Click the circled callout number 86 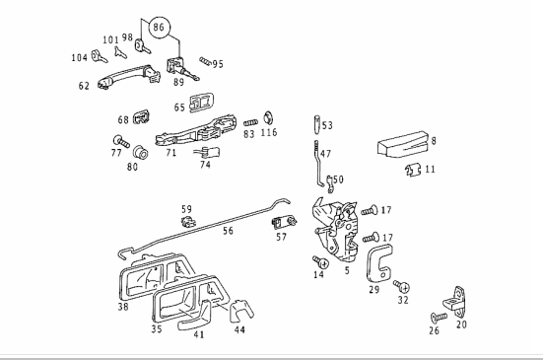coord(160,28)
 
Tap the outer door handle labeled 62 coord(129,77)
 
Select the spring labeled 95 coord(205,62)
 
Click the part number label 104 coord(79,57)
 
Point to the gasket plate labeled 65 coord(202,103)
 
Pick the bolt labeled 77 coord(121,141)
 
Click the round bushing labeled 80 coord(141,152)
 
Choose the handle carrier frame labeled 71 coord(196,130)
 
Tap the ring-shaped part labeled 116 coord(269,118)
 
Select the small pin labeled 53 coord(317,124)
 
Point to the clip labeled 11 coord(413,170)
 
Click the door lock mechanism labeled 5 coord(336,230)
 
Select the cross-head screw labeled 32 coord(402,287)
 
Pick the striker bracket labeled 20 coord(455,302)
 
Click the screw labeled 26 coord(439,318)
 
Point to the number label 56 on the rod coord(229,231)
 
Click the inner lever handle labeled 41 coord(196,317)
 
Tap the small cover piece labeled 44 coord(240,311)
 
